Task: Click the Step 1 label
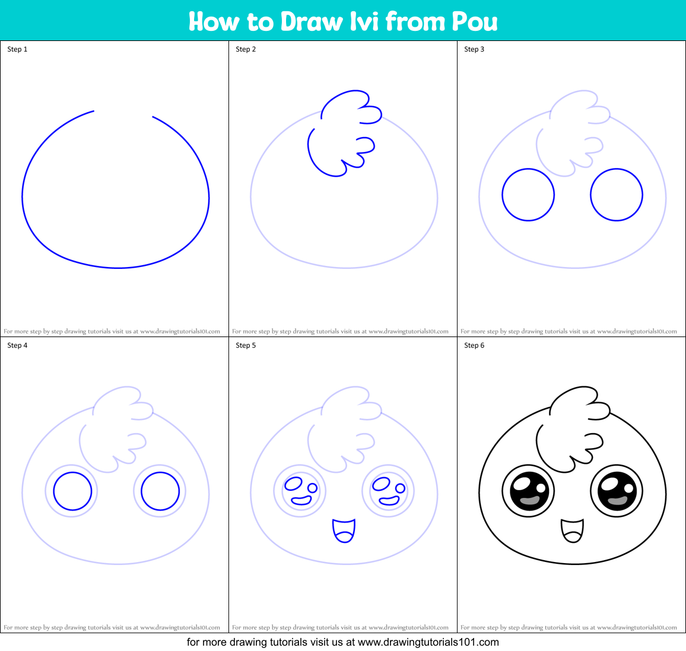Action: [x=17, y=49]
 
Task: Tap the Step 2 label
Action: [x=246, y=49]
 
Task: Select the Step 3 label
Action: [x=474, y=49]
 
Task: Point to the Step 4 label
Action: [x=17, y=345]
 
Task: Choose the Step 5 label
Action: [x=246, y=345]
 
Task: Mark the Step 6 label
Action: [x=474, y=345]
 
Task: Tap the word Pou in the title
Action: [x=475, y=21]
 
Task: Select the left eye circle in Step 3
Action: [x=528, y=195]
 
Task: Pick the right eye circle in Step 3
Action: [x=617, y=195]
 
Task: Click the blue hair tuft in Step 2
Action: [x=341, y=134]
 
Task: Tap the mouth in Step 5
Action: [x=344, y=531]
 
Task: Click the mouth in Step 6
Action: [x=572, y=531]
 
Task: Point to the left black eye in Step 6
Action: [x=528, y=491]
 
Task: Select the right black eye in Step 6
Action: [x=617, y=491]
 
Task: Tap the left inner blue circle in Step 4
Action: [x=72, y=491]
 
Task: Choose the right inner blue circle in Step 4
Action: [x=160, y=491]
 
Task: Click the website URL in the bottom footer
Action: [x=428, y=642]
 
